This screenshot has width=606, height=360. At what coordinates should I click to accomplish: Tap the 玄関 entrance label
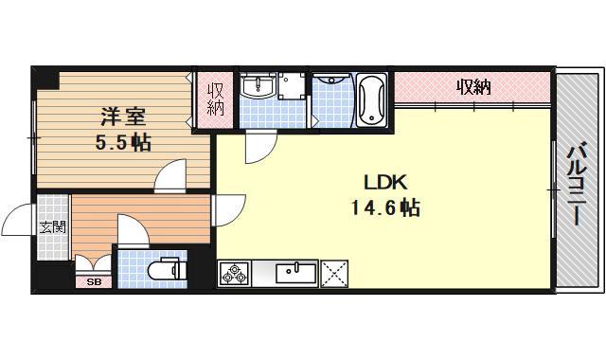point(52,226)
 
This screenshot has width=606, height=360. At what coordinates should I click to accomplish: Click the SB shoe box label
point(93,281)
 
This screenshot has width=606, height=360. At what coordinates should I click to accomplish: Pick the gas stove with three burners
point(234,273)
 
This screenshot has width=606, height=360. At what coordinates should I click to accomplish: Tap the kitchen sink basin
point(294,273)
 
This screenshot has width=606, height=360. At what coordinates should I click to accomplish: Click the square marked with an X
point(334,273)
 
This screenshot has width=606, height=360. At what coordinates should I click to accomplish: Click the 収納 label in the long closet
point(473,88)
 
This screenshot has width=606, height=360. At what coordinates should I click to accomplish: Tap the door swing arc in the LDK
point(258,147)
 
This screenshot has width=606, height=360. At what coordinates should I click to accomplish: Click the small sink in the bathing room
point(329,88)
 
